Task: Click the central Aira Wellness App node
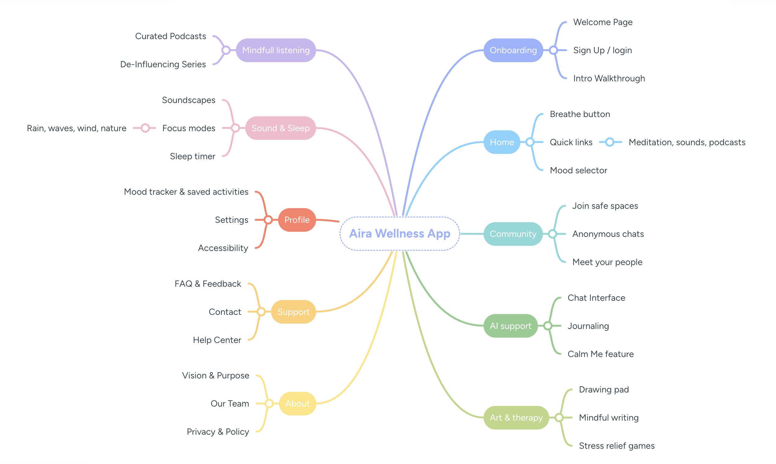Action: (400, 234)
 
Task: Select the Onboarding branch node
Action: (513, 50)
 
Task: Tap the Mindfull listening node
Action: (276, 50)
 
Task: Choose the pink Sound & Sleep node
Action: (280, 128)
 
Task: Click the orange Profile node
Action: (297, 220)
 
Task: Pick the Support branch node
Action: (293, 312)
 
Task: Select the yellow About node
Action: (297, 403)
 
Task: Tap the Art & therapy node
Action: (516, 418)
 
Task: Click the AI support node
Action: (510, 326)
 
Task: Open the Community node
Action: (513, 234)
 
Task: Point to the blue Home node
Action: (502, 142)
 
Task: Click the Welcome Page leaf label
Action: (603, 22)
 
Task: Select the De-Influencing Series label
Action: (163, 64)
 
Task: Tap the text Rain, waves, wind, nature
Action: (77, 128)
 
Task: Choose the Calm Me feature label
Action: (600, 354)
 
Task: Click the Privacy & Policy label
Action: (218, 432)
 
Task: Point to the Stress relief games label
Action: (616, 446)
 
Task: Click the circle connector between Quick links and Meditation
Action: (610, 142)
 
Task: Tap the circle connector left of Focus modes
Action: (145, 128)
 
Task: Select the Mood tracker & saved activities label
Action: (186, 192)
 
